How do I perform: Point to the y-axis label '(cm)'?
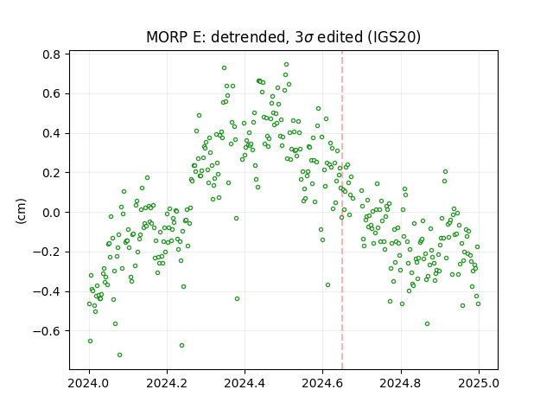click(x=21, y=211)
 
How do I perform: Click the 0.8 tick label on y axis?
click(x=52, y=54)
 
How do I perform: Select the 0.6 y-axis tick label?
click(x=52, y=94)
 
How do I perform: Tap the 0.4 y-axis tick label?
click(x=52, y=134)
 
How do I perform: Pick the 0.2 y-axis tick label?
click(x=52, y=173)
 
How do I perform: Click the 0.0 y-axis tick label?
click(x=52, y=213)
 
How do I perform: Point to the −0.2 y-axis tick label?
click(x=47, y=252)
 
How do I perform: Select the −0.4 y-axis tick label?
click(x=47, y=292)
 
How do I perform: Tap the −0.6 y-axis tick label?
click(x=47, y=331)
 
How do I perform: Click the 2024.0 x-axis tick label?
click(x=89, y=383)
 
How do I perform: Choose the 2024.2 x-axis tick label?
click(x=167, y=383)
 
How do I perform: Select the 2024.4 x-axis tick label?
click(x=245, y=383)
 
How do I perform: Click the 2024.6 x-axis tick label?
click(x=322, y=383)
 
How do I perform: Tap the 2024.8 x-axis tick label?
click(x=401, y=383)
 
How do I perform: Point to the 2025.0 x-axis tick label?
click(x=479, y=383)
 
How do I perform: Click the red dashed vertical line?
click(x=342, y=210)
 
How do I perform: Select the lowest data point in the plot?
click(x=119, y=354)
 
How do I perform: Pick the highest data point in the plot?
click(x=286, y=64)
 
